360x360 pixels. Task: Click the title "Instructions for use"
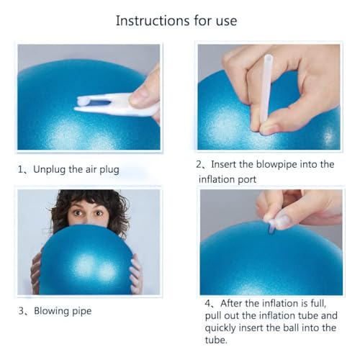[176, 20]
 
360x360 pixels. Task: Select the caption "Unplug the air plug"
[78, 170]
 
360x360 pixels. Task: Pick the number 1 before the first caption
[22, 170]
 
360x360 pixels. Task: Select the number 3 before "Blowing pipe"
[22, 311]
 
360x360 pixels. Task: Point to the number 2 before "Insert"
[202, 165]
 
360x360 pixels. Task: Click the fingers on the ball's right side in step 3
[135, 274]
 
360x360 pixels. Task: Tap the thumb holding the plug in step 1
[148, 90]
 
